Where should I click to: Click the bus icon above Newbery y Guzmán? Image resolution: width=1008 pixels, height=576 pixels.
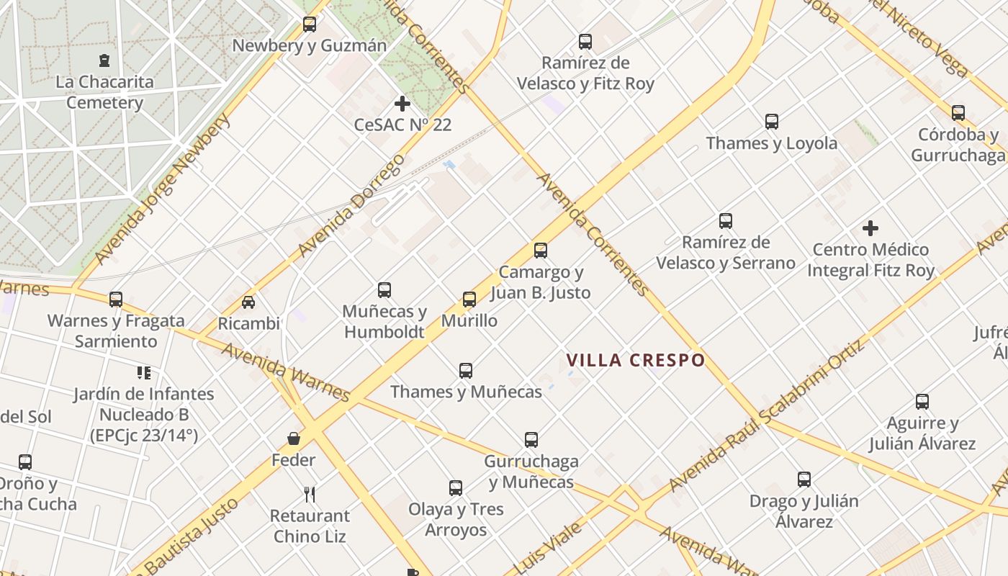(x=310, y=24)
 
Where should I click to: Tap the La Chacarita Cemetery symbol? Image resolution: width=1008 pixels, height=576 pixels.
(x=105, y=60)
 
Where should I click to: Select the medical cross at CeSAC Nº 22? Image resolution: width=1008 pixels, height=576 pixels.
(x=402, y=104)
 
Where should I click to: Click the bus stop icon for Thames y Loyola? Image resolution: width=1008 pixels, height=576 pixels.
(x=772, y=122)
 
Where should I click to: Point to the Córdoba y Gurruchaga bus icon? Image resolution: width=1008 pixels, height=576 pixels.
(x=958, y=113)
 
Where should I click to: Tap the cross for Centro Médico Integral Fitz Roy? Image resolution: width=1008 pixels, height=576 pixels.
(x=870, y=229)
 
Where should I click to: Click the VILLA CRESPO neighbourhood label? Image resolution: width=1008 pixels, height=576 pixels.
(x=635, y=360)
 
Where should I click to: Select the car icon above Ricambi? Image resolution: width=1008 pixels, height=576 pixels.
(x=248, y=302)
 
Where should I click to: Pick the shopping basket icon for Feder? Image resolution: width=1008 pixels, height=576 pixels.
(x=294, y=438)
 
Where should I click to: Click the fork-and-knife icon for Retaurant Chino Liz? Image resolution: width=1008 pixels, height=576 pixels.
(x=310, y=495)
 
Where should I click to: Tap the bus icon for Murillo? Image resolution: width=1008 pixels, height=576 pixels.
(x=469, y=300)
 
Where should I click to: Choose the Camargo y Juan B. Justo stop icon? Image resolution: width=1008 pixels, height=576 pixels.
(x=541, y=251)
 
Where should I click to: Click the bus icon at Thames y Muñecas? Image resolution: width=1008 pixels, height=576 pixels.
(x=466, y=371)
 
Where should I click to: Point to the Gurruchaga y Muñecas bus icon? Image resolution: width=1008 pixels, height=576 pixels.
(x=531, y=440)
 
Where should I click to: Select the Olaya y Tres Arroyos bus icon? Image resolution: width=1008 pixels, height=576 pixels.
(x=456, y=488)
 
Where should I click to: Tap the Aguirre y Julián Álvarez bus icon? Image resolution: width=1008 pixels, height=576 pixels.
(x=922, y=402)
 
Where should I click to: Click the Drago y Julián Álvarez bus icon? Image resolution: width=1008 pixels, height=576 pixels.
(x=804, y=480)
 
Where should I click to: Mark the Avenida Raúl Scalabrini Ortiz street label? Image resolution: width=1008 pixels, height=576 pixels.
(x=766, y=418)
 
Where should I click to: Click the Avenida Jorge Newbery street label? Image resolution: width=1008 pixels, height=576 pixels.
(x=162, y=189)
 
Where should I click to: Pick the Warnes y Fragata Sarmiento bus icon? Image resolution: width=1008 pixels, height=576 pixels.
(x=116, y=300)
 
